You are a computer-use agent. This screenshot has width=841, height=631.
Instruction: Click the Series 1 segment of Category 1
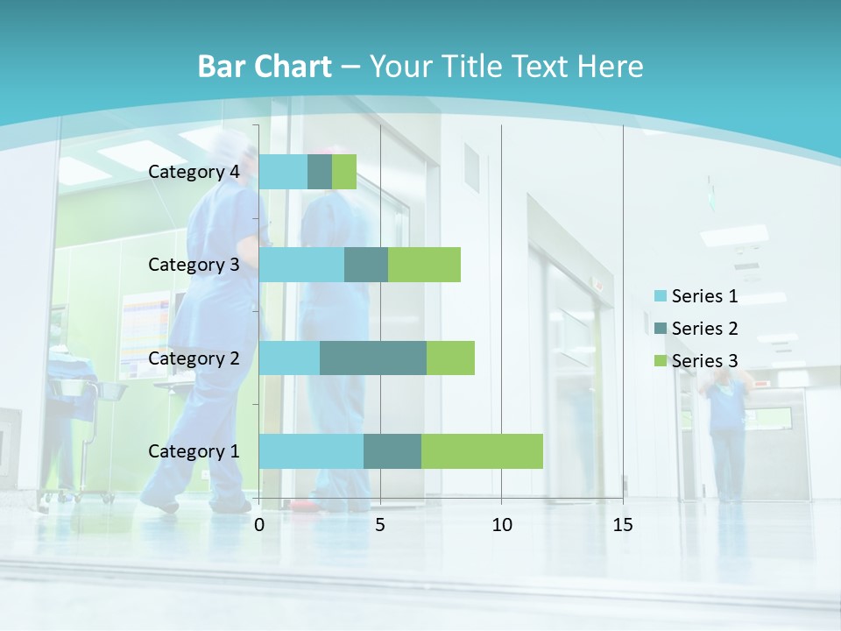point(311,451)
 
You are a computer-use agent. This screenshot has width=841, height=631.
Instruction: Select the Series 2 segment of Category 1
point(392,451)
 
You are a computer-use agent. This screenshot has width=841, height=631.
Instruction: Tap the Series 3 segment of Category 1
point(482,451)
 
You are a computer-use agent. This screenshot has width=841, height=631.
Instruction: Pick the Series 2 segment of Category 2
point(373,358)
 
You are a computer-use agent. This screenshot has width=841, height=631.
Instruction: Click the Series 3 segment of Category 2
point(450,358)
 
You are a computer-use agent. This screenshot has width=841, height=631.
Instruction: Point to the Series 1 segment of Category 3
point(301,265)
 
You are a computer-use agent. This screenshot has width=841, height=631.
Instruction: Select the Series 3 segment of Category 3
point(424,265)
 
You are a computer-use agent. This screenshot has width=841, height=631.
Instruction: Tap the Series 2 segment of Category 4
point(320,172)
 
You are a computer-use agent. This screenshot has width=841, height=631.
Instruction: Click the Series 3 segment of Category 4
point(344,172)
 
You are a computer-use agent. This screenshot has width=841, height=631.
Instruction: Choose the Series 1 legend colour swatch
point(660,296)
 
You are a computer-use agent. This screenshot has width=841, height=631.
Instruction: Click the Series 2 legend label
point(704,329)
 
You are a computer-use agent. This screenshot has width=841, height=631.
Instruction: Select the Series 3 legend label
point(704,361)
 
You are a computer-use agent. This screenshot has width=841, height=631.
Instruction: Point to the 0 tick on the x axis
point(259,525)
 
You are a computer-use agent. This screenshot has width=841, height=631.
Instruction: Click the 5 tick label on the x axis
point(380,525)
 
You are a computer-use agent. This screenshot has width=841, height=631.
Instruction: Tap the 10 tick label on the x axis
point(501,525)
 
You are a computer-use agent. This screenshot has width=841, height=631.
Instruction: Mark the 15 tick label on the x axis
point(623,525)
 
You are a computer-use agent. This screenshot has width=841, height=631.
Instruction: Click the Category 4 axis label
point(194,172)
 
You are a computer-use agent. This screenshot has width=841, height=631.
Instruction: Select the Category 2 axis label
point(194,358)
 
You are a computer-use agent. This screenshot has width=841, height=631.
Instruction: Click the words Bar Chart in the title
point(265,67)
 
